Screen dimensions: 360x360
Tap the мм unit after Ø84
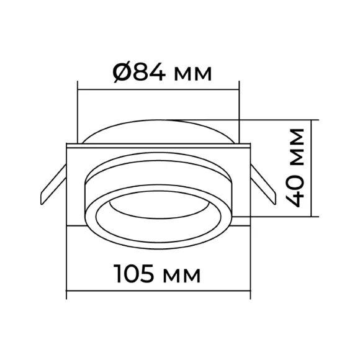click(x=192, y=74)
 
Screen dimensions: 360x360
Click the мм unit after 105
click(x=182, y=276)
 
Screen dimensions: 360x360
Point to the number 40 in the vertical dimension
click(x=297, y=191)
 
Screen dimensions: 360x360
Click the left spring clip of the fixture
click(x=53, y=184)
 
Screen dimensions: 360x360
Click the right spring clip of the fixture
click(x=263, y=184)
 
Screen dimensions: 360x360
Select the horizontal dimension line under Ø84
click(x=158, y=89)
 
